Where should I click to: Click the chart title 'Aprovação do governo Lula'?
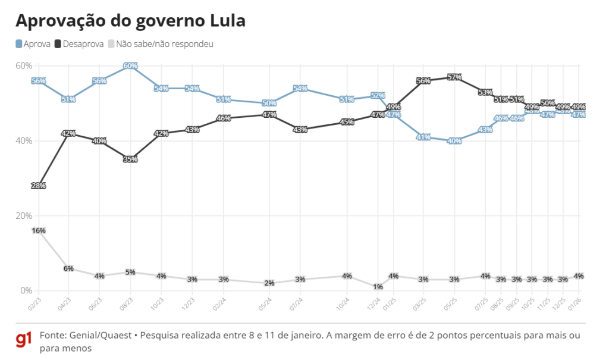[x=130, y=21]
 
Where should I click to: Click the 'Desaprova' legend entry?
[x=79, y=44]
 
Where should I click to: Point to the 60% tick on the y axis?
[x=24, y=65]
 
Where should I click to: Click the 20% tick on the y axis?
[x=24, y=215]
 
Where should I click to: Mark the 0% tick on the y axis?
[x=26, y=290]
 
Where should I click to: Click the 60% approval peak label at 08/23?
[x=130, y=66]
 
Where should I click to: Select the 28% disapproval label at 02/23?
[x=38, y=186]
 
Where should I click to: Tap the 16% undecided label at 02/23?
[x=38, y=230]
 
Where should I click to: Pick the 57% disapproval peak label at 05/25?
[x=454, y=77]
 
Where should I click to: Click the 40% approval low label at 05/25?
[x=454, y=141]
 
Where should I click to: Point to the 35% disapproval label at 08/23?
[x=130, y=159]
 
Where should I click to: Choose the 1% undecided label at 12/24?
[x=378, y=287]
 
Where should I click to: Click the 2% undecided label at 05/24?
[x=269, y=283]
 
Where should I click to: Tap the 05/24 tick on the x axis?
[x=266, y=303]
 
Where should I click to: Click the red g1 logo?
[x=23, y=340]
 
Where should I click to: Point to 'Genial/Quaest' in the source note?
[x=99, y=336]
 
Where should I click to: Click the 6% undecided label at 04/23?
[x=68, y=268]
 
